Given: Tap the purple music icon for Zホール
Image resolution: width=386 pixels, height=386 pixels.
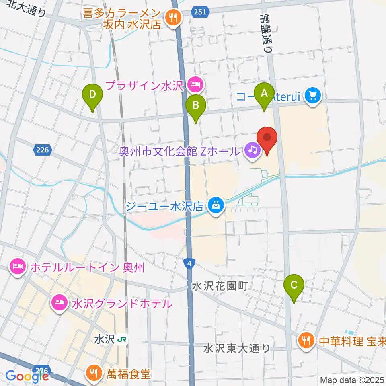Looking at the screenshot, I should tap(253, 151).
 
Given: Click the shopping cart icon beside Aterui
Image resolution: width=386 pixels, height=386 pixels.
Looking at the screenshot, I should tap(313, 96).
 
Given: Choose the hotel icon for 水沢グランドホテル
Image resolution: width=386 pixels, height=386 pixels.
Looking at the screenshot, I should tap(60, 303).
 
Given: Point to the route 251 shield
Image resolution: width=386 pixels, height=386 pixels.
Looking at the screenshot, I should tap(199, 12).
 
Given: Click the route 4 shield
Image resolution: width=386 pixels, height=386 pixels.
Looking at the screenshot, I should tap(188, 263).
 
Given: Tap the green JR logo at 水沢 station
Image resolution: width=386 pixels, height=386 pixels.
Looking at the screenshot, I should tap(122, 340).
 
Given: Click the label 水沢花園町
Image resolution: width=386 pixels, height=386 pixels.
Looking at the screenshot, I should tap(220, 286).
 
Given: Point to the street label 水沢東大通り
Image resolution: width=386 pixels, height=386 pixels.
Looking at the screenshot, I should tap(237, 348).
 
